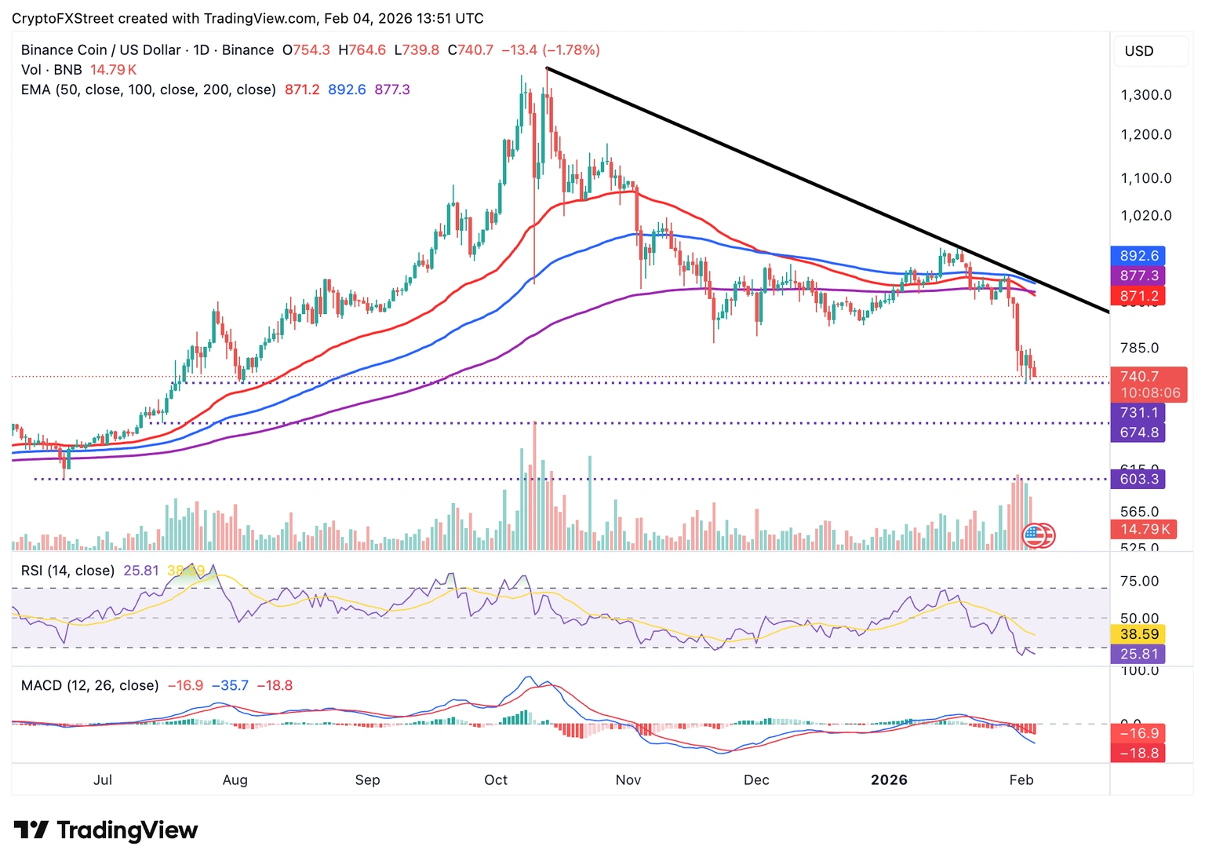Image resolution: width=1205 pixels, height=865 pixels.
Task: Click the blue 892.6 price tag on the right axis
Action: tap(1138, 256)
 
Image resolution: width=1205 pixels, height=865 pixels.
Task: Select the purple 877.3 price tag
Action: tap(1138, 276)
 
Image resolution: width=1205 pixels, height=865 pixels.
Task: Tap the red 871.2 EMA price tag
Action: tap(1138, 296)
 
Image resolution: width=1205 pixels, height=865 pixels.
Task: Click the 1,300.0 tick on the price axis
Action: tap(1145, 95)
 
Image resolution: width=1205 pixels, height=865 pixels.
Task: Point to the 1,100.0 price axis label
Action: tap(1145, 178)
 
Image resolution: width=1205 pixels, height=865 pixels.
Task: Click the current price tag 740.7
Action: tap(1138, 377)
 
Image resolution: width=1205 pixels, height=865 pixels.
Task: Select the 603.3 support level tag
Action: tap(1138, 479)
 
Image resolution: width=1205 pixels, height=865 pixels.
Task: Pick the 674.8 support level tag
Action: tap(1138, 432)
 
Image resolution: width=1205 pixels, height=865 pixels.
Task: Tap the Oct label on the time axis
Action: tap(496, 779)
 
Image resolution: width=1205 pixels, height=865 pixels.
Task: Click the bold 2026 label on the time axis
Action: tap(889, 779)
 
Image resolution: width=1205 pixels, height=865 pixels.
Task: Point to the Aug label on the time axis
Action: tap(235, 779)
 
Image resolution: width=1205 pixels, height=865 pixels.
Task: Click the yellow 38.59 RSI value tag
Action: tap(1138, 633)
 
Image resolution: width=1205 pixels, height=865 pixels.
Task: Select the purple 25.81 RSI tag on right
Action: tap(1138, 654)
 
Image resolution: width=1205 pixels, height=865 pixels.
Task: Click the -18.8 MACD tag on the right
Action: tap(1138, 753)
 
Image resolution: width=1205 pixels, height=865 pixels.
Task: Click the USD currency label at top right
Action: tap(1139, 51)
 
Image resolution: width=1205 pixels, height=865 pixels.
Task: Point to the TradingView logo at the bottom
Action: tap(106, 830)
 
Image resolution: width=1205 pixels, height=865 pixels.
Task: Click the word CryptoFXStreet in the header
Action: tap(63, 18)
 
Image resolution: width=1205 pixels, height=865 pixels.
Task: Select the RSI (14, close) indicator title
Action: tap(67, 571)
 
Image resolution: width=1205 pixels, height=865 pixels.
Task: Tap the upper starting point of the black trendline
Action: tap(547, 68)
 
